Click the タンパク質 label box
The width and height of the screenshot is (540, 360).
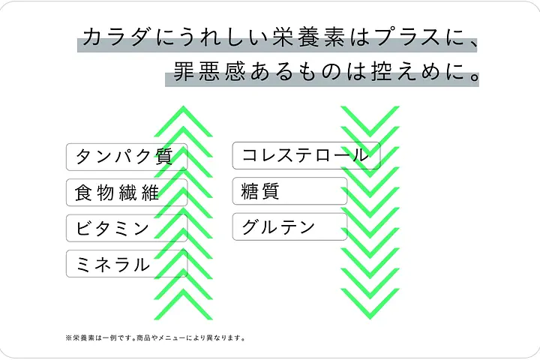(x=126, y=156)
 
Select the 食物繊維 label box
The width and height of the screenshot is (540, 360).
(x=126, y=192)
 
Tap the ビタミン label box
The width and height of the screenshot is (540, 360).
(x=126, y=228)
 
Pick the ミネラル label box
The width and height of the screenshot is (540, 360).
(x=126, y=263)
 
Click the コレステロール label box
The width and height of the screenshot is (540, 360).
(x=306, y=155)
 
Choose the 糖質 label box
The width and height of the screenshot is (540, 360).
(x=289, y=191)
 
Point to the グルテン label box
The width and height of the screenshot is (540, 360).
(x=289, y=227)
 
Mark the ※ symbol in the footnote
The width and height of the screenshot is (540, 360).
(x=69, y=337)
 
